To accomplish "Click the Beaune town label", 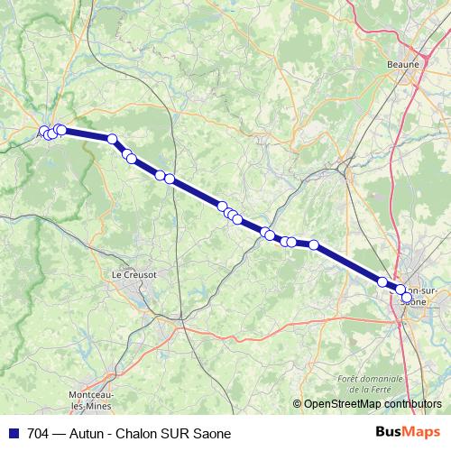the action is pos(403,64).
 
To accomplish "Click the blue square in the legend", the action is pos(13,433).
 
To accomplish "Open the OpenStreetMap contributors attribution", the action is pos(372,405).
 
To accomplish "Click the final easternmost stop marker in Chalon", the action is pos(407,297).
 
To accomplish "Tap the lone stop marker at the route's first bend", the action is pos(113,139).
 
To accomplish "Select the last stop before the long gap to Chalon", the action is pos(314,244).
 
